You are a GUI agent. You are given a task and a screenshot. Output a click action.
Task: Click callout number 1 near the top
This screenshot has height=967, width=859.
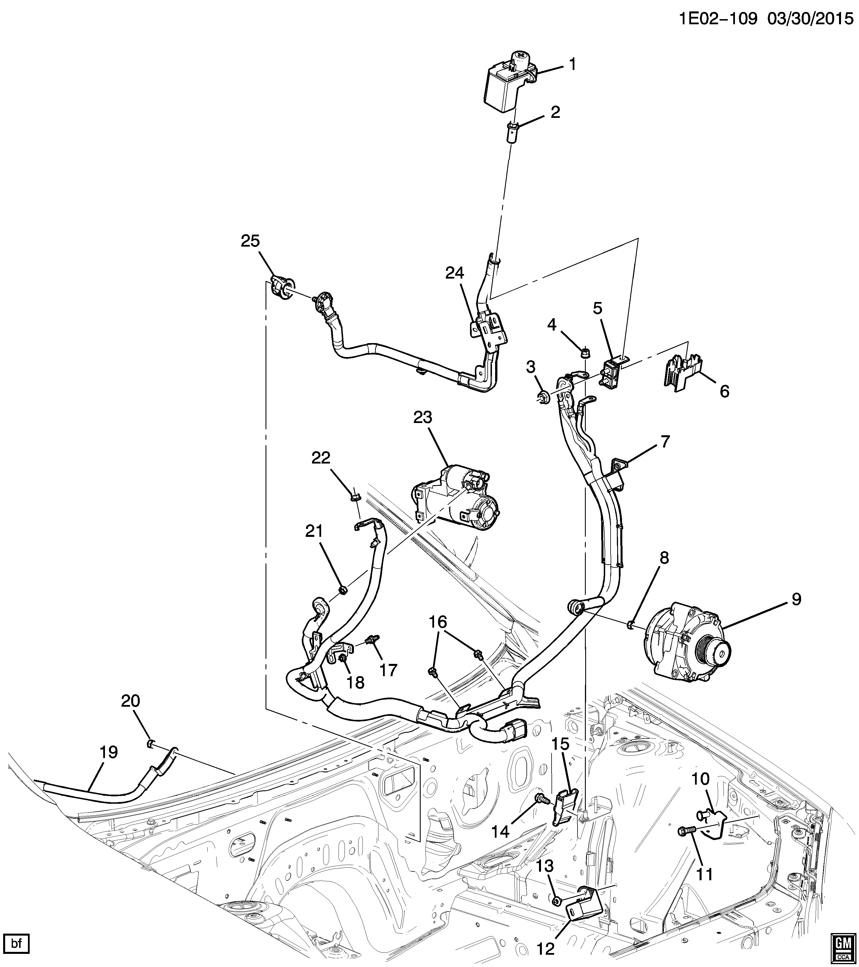tap(572, 64)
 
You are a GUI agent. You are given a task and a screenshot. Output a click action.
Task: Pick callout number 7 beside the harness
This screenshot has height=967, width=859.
tap(665, 442)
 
